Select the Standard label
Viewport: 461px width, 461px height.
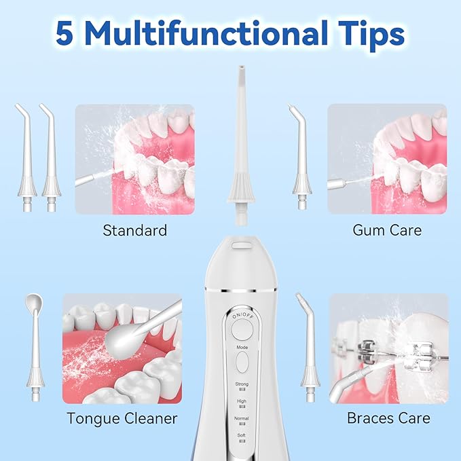pyautogui.click(x=134, y=231)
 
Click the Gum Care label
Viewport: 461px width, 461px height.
pyautogui.click(x=387, y=231)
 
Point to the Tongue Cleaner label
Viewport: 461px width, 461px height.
pyautogui.click(x=122, y=418)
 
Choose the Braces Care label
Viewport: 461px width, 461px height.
pyautogui.click(x=388, y=418)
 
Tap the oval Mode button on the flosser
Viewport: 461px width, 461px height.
pyautogui.click(x=242, y=361)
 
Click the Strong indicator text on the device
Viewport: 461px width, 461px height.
pyautogui.click(x=242, y=384)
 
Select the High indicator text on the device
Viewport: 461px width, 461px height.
pyautogui.click(x=242, y=401)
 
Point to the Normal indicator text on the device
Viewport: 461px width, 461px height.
pyautogui.click(x=242, y=418)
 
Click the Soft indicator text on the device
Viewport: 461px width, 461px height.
pyautogui.click(x=242, y=435)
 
